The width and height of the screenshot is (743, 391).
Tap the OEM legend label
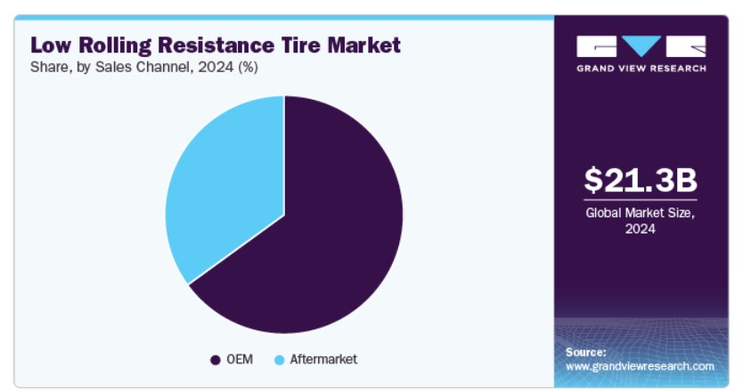click(240, 359)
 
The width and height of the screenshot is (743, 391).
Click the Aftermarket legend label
click(323, 359)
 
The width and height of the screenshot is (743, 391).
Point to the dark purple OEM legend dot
click(216, 360)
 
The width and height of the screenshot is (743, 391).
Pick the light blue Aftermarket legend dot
click(280, 360)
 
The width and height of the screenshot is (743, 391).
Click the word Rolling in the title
click(115, 46)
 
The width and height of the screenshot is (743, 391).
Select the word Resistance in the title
click(216, 45)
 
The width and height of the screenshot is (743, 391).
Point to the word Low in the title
click(51, 45)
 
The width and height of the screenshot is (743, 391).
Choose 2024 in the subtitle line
click(216, 67)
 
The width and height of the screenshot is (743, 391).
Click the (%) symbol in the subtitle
click(248, 68)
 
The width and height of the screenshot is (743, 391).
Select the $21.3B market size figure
click(641, 180)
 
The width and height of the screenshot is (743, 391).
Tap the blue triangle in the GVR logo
click(641, 45)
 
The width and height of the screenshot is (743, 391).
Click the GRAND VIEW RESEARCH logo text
click(641, 69)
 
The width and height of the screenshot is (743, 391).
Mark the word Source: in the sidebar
click(585, 352)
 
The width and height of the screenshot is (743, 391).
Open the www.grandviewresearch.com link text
click(640, 366)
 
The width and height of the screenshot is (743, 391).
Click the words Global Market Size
click(641, 213)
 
